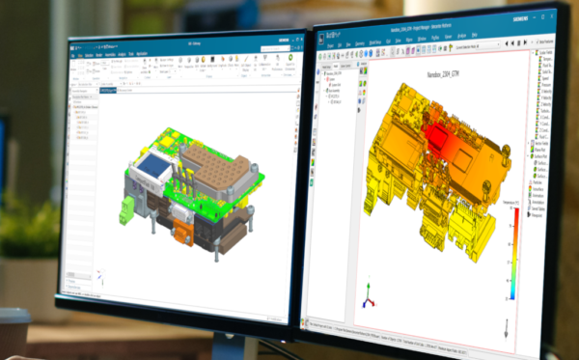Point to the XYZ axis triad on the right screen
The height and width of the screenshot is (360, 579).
pos(367,292)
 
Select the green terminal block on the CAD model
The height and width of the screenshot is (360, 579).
pos(126,212)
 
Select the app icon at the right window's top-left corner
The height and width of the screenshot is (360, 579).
pos(324,41)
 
